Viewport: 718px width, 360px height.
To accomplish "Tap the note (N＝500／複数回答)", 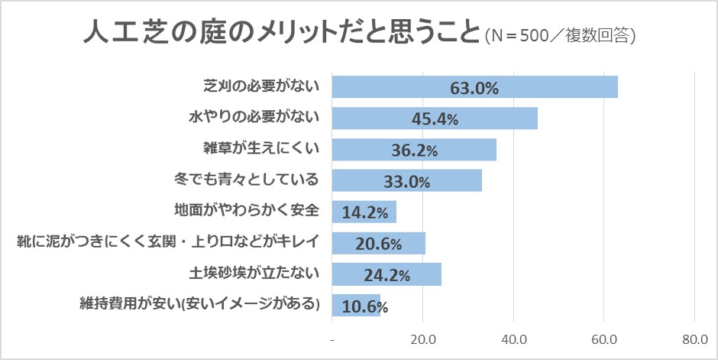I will [561, 36].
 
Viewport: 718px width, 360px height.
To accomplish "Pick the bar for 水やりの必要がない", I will [435, 118].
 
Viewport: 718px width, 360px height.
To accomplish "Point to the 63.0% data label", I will [474, 88].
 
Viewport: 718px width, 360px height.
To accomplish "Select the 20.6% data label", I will [379, 244].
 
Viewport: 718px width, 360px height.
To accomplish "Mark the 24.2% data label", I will [386, 274].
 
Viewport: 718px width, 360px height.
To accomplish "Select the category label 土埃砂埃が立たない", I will [253, 271].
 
